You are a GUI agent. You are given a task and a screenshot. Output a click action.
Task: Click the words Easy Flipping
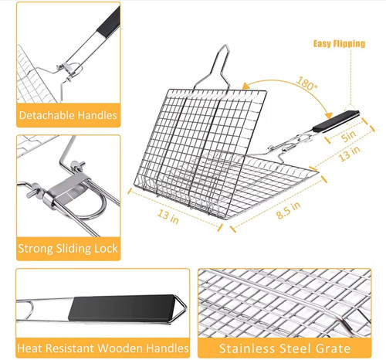click(x=339, y=44)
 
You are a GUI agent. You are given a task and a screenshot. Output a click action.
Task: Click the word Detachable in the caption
click(x=44, y=116)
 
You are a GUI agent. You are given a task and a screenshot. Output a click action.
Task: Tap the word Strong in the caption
click(x=36, y=249)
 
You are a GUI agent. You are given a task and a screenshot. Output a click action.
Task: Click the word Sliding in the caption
click(x=72, y=249)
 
